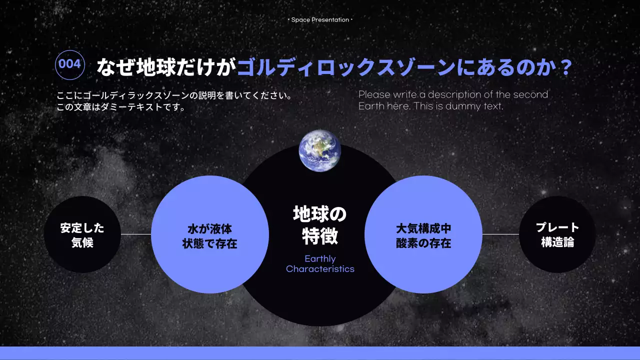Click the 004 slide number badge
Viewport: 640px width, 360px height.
69,64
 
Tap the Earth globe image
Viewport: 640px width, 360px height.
320,150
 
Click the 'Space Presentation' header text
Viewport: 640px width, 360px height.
320,20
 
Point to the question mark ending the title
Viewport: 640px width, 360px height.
565,67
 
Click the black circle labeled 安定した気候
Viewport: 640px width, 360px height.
82,234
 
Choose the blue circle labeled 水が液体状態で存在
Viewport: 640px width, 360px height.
210,234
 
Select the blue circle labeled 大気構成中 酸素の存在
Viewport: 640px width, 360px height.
423,234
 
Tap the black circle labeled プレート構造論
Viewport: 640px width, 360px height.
557,234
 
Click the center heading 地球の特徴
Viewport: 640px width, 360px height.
320,225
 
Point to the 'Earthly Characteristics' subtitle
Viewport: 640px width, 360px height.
320,264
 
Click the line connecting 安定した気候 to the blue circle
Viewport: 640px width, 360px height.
136,234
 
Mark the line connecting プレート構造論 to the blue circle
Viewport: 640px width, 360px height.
500,234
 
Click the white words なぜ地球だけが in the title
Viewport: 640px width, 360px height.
165,67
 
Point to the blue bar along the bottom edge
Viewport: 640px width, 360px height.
320,353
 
